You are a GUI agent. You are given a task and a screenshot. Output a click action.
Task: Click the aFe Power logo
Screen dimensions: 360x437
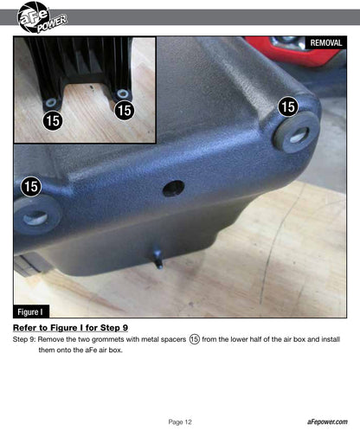(42, 17)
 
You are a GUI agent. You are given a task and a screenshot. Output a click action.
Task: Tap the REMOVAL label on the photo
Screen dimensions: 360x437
(326, 43)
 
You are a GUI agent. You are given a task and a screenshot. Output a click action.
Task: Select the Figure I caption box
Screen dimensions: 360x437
(31, 312)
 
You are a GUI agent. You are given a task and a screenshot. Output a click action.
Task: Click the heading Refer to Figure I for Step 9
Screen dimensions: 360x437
(70, 328)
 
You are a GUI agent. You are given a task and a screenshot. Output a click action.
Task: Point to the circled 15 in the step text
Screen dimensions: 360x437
(195, 339)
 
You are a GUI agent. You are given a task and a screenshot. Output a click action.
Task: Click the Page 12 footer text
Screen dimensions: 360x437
(180, 422)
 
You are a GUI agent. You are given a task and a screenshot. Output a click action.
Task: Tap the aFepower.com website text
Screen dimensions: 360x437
(327, 421)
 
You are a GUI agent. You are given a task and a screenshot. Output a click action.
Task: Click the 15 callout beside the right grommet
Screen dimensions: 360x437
(288, 106)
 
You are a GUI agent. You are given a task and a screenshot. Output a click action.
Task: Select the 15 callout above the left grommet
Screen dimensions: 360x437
(31, 186)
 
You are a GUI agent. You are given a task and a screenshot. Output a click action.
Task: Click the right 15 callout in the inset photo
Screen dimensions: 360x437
(125, 110)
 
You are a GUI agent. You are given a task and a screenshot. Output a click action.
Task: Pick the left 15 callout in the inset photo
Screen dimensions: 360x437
(53, 120)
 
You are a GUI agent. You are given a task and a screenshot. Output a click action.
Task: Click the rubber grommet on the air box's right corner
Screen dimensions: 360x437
(297, 132)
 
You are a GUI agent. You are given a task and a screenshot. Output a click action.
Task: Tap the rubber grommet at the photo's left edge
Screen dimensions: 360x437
(36, 215)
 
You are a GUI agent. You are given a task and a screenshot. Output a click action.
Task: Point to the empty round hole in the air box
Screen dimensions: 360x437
(173, 189)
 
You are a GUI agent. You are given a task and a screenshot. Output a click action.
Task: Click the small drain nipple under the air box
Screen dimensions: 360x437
(158, 258)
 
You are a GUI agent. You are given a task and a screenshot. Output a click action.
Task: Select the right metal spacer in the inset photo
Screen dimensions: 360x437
(123, 93)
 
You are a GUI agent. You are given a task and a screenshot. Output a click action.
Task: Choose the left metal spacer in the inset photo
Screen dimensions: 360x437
(51, 102)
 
